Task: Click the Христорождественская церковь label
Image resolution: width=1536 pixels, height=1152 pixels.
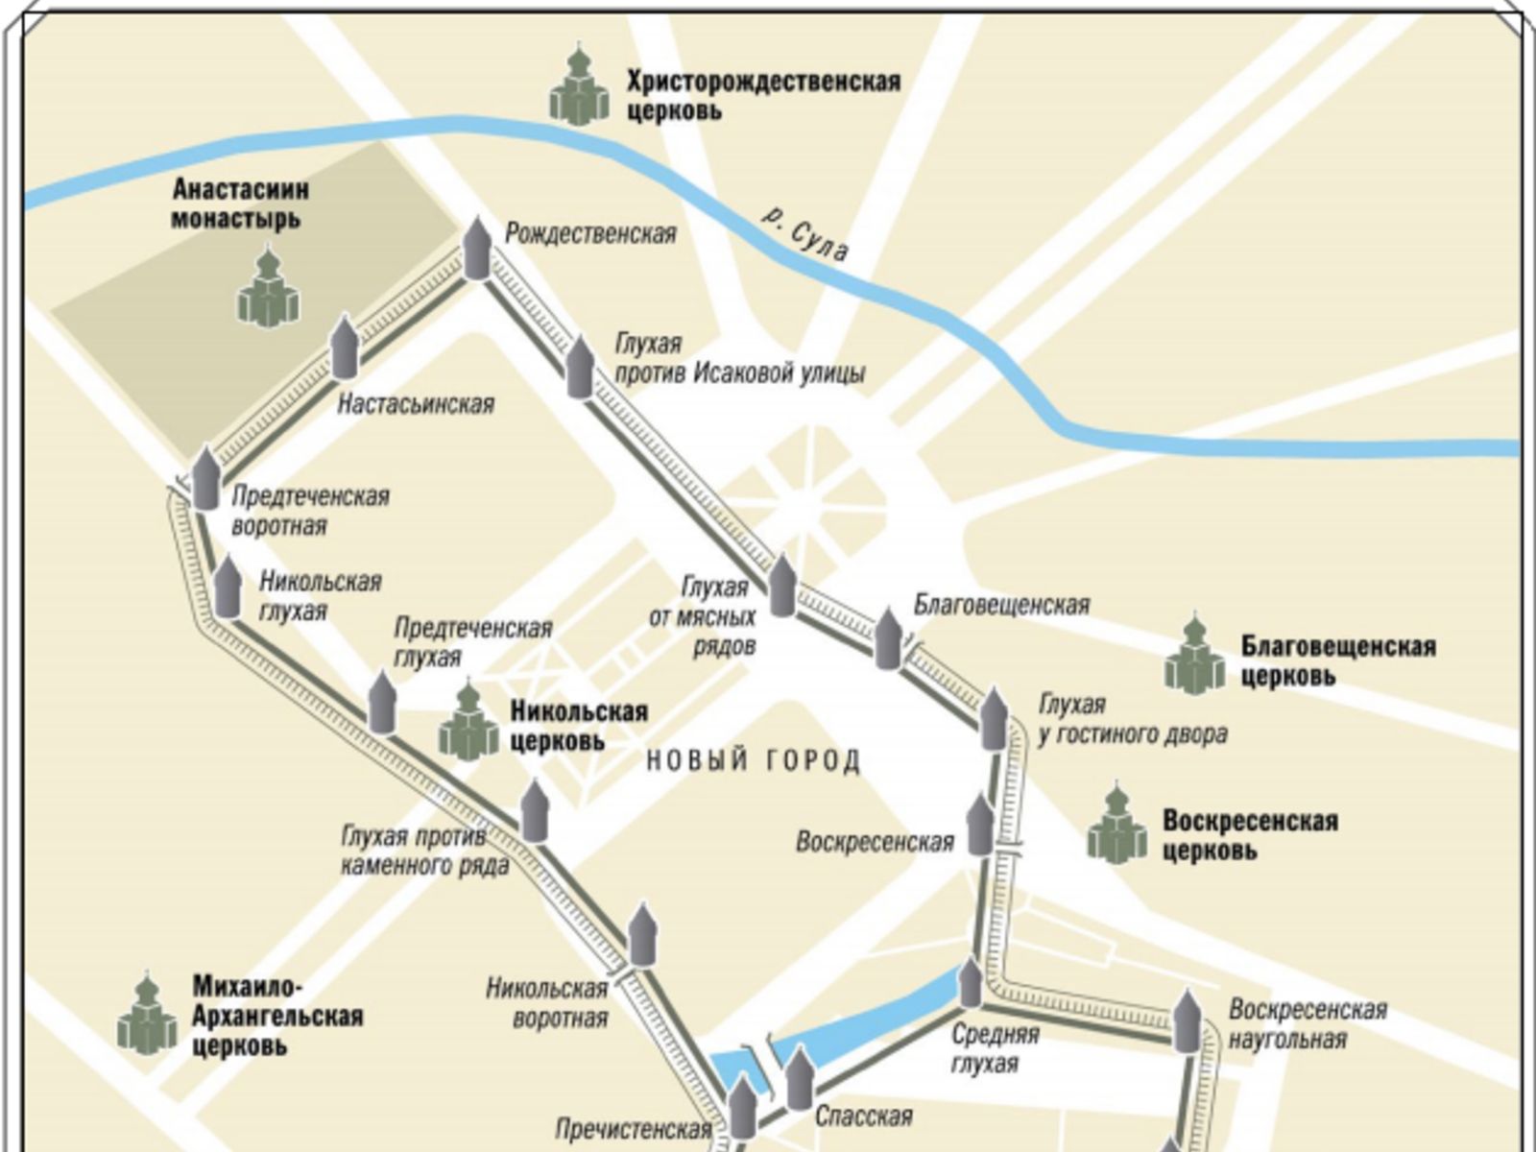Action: tap(763, 95)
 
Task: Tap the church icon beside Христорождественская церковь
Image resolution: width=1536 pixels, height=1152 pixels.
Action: tap(579, 88)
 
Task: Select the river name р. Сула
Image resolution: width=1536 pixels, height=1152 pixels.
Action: tap(805, 234)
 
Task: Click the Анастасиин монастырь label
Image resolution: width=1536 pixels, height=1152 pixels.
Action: tap(240, 204)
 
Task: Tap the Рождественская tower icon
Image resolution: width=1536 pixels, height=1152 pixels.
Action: tap(477, 249)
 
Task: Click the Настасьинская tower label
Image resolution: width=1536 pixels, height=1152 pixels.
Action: tap(416, 404)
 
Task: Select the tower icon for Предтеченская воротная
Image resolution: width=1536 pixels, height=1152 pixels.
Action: tap(206, 478)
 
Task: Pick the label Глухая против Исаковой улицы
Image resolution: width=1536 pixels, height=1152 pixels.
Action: tap(739, 359)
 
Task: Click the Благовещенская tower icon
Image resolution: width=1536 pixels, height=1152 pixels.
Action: tap(888, 638)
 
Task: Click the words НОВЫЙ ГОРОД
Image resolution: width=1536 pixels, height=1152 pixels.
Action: tap(754, 762)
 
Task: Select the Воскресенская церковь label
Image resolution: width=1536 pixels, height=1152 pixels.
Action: tap(1249, 835)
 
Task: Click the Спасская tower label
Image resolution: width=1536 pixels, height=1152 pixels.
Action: tap(863, 1116)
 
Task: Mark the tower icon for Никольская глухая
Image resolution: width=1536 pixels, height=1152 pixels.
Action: tap(228, 588)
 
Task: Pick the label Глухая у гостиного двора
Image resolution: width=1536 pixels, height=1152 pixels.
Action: tap(1133, 720)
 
